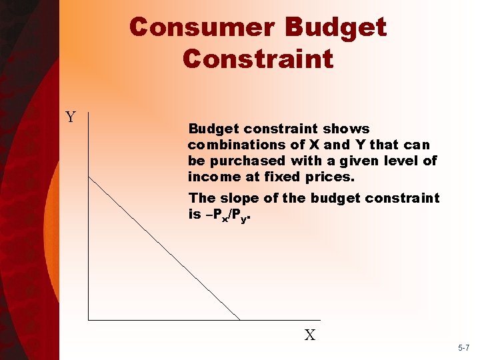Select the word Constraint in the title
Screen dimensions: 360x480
coord(257,59)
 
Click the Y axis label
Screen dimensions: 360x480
coord(71,117)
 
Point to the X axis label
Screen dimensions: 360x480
coord(310,335)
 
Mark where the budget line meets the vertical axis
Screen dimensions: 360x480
coord(89,176)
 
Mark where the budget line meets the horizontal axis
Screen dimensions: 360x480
coord(241,320)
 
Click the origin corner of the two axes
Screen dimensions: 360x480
coord(89,320)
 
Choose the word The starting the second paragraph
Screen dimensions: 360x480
coord(201,198)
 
